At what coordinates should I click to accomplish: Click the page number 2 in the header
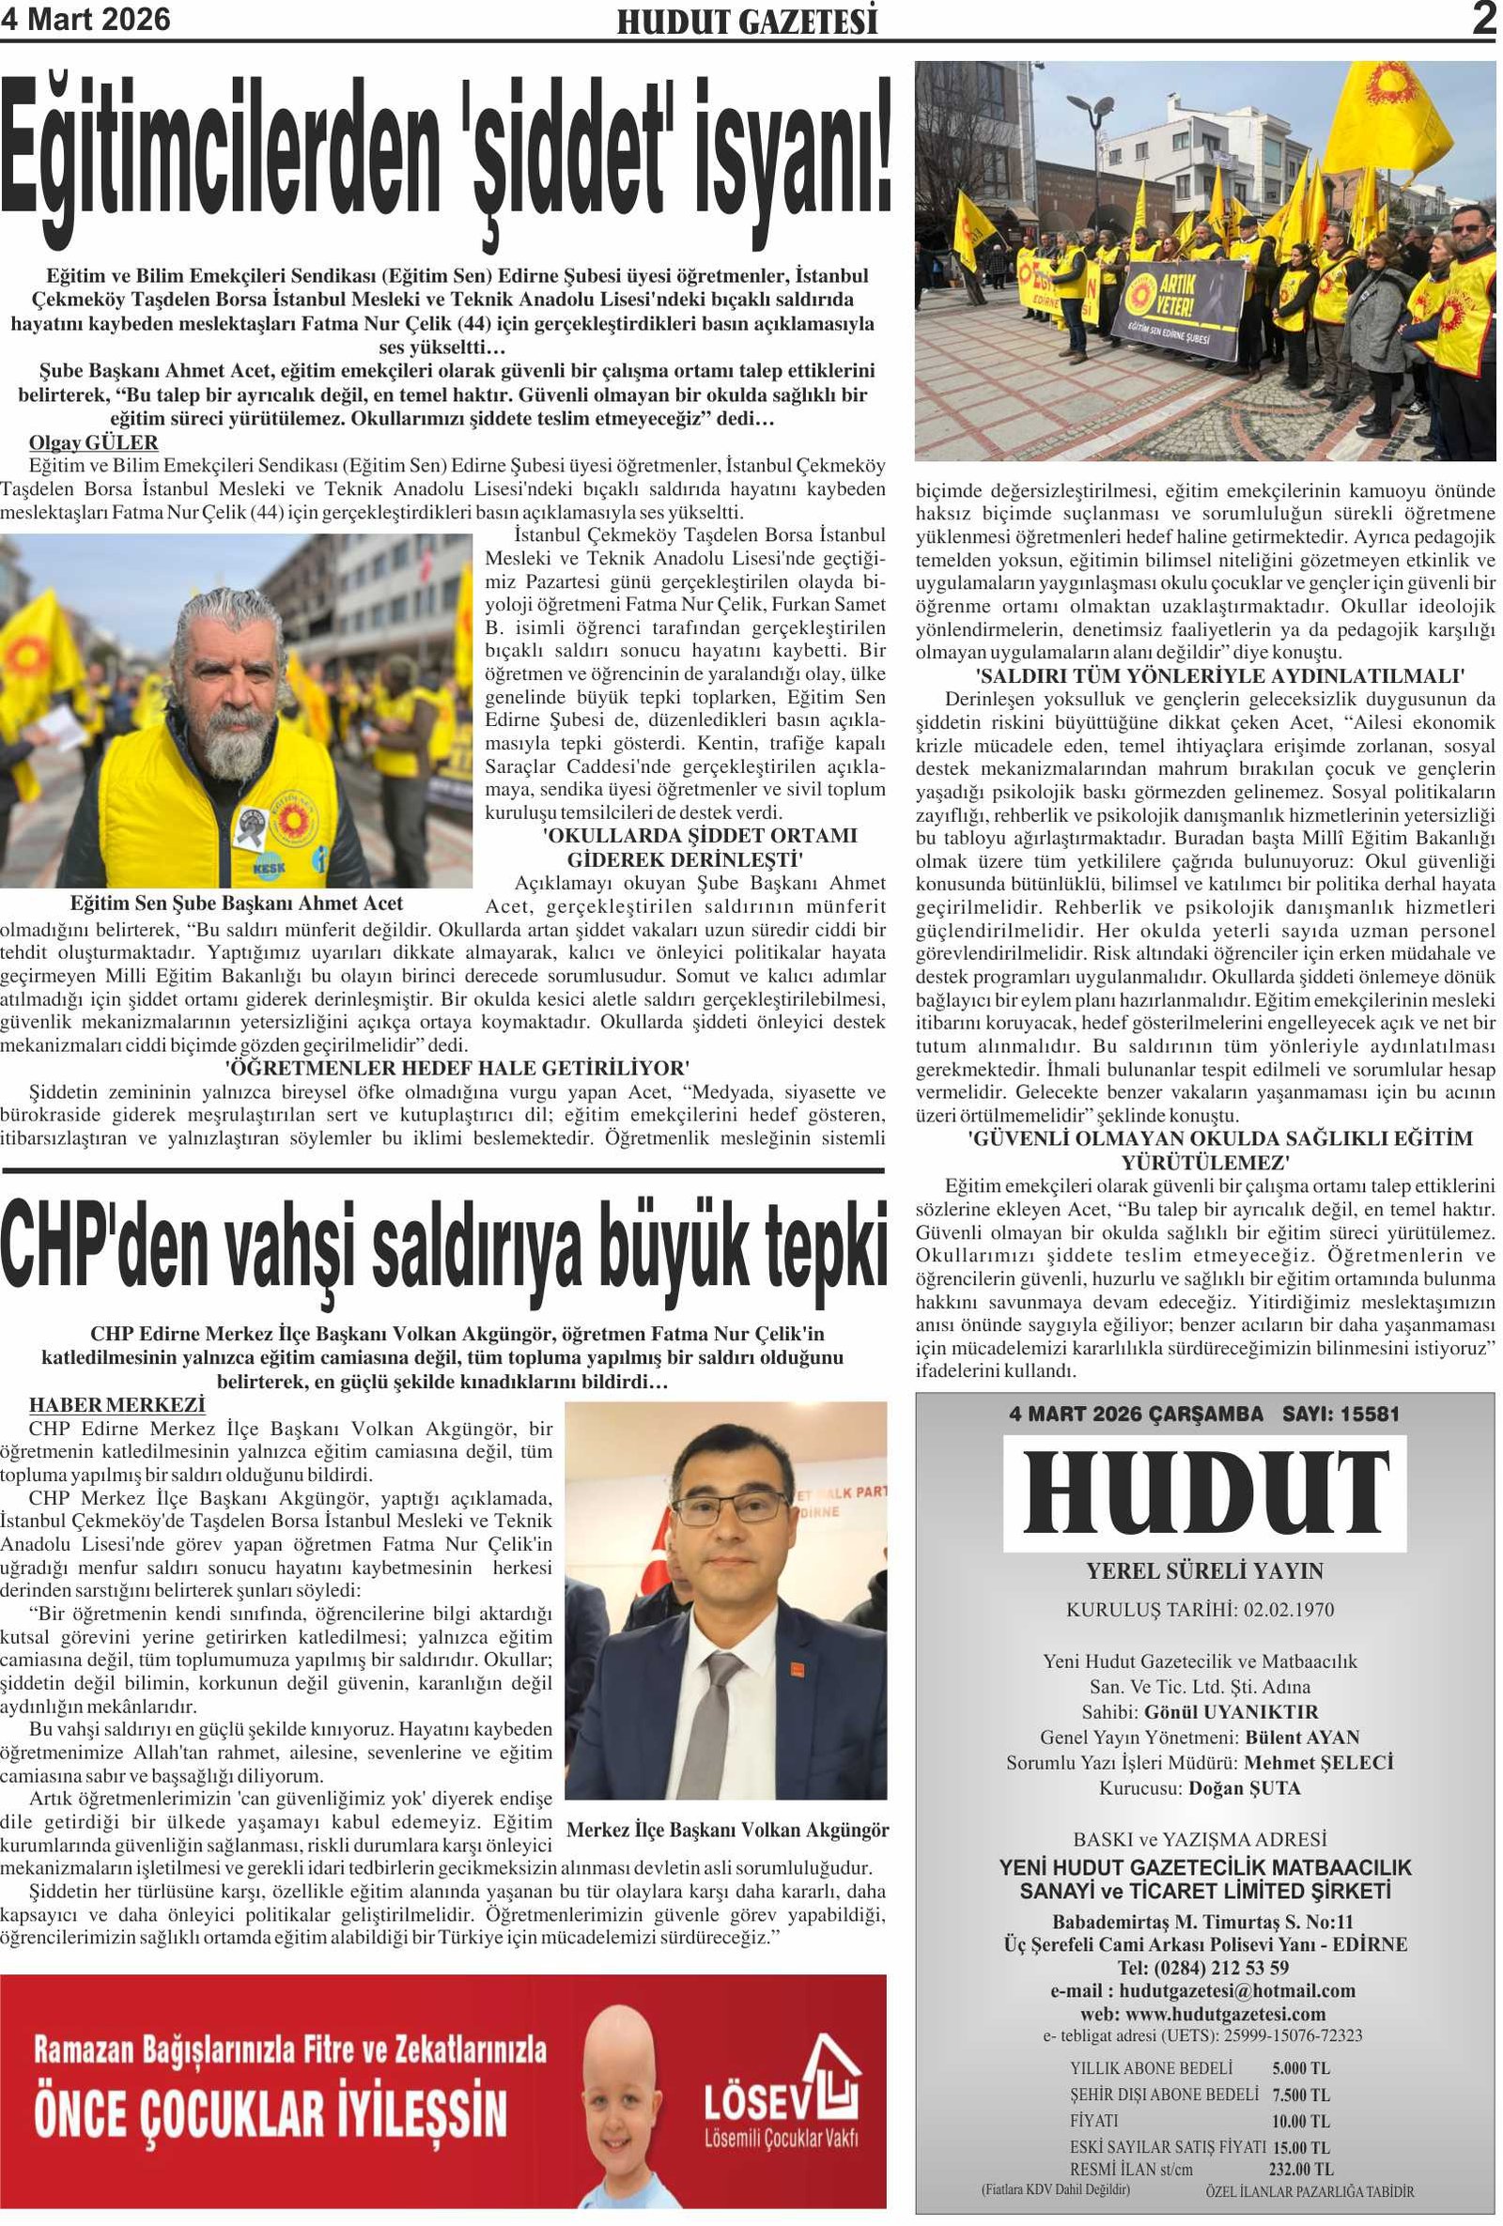[x=1483, y=19]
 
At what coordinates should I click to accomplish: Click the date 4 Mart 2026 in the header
[x=85, y=19]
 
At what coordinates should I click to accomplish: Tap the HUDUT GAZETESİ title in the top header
[x=746, y=22]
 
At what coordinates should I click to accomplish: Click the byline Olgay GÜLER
[x=94, y=442]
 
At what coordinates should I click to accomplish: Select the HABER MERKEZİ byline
[x=116, y=1405]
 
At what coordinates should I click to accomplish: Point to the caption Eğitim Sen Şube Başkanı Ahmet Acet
[x=237, y=904]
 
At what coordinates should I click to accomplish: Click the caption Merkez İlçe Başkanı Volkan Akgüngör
[x=727, y=1830]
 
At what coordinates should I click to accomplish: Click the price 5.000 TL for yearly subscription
[x=1300, y=2068]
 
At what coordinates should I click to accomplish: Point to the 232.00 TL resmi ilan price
[x=1300, y=2169]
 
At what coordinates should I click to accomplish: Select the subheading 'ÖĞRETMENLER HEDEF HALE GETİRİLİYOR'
[x=457, y=1068]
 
